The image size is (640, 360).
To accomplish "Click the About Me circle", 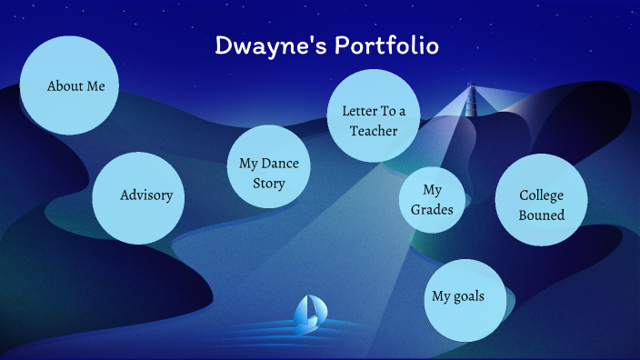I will tap(69, 85).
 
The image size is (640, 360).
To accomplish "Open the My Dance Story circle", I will tap(268, 167).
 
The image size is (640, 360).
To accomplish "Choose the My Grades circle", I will tap(433, 200).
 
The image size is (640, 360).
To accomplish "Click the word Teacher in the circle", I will tap(374, 131).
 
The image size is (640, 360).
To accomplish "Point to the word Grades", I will tap(433, 210).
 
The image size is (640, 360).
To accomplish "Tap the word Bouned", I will tap(542, 215).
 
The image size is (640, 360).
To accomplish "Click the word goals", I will tap(469, 296).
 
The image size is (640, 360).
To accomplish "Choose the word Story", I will tap(269, 183).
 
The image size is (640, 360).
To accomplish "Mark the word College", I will tap(542, 195).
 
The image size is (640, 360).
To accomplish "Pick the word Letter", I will tap(359, 111).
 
